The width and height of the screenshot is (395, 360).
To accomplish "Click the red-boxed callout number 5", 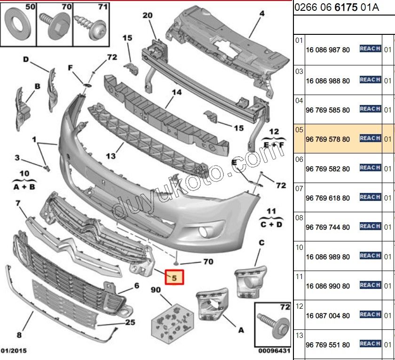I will pyautogui.click(x=174, y=278).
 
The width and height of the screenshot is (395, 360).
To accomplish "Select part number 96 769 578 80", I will pyautogui.click(x=327, y=139).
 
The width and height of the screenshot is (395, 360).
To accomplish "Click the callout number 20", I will pyautogui.click(x=148, y=16).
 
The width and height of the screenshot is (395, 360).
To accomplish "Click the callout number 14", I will pyautogui.click(x=176, y=92).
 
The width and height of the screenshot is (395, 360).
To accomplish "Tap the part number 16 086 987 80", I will pyautogui.click(x=327, y=50).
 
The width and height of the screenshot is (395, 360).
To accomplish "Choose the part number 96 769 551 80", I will pyautogui.click(x=327, y=345).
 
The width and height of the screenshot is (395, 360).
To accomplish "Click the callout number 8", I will pyautogui.click(x=19, y=335).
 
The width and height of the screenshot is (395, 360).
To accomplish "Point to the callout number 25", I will pyautogui.click(x=130, y=322).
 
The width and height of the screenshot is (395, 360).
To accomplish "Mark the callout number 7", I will pyautogui.click(x=18, y=203).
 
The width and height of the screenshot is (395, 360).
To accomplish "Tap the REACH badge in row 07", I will pyautogui.click(x=370, y=197).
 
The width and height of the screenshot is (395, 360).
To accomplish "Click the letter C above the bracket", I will pyautogui.click(x=261, y=242).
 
